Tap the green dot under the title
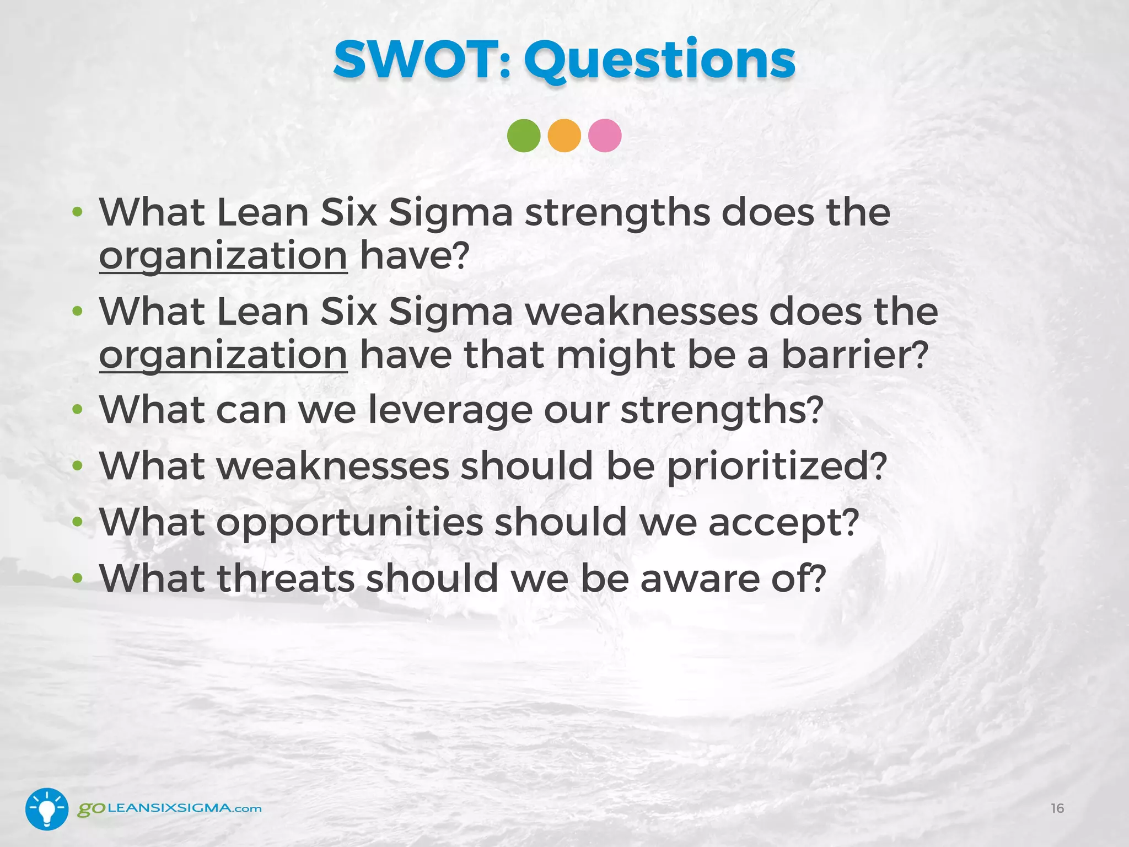524,136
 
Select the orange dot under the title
564,136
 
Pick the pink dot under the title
605,136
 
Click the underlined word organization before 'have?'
223,257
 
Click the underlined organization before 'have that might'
223,356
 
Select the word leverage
450,411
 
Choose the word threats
286,578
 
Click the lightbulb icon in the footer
47,809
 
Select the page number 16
1057,808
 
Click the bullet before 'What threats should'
78,578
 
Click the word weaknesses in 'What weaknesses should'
333,466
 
